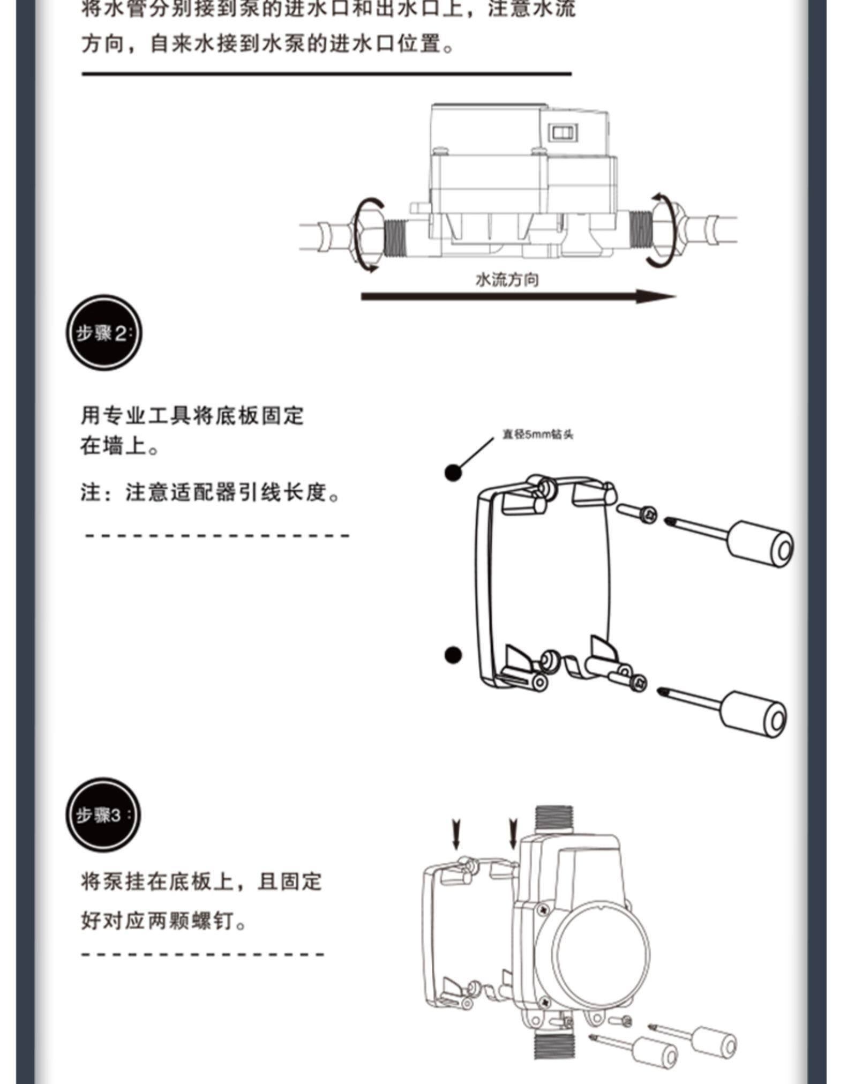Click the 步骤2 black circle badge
104,332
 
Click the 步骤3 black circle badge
103,814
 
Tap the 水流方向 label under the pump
507,280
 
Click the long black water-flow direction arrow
518,296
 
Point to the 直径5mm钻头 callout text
537,434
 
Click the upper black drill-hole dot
453,472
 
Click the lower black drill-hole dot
453,655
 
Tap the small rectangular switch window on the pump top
563,132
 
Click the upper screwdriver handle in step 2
760,544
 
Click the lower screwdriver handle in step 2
753,714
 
